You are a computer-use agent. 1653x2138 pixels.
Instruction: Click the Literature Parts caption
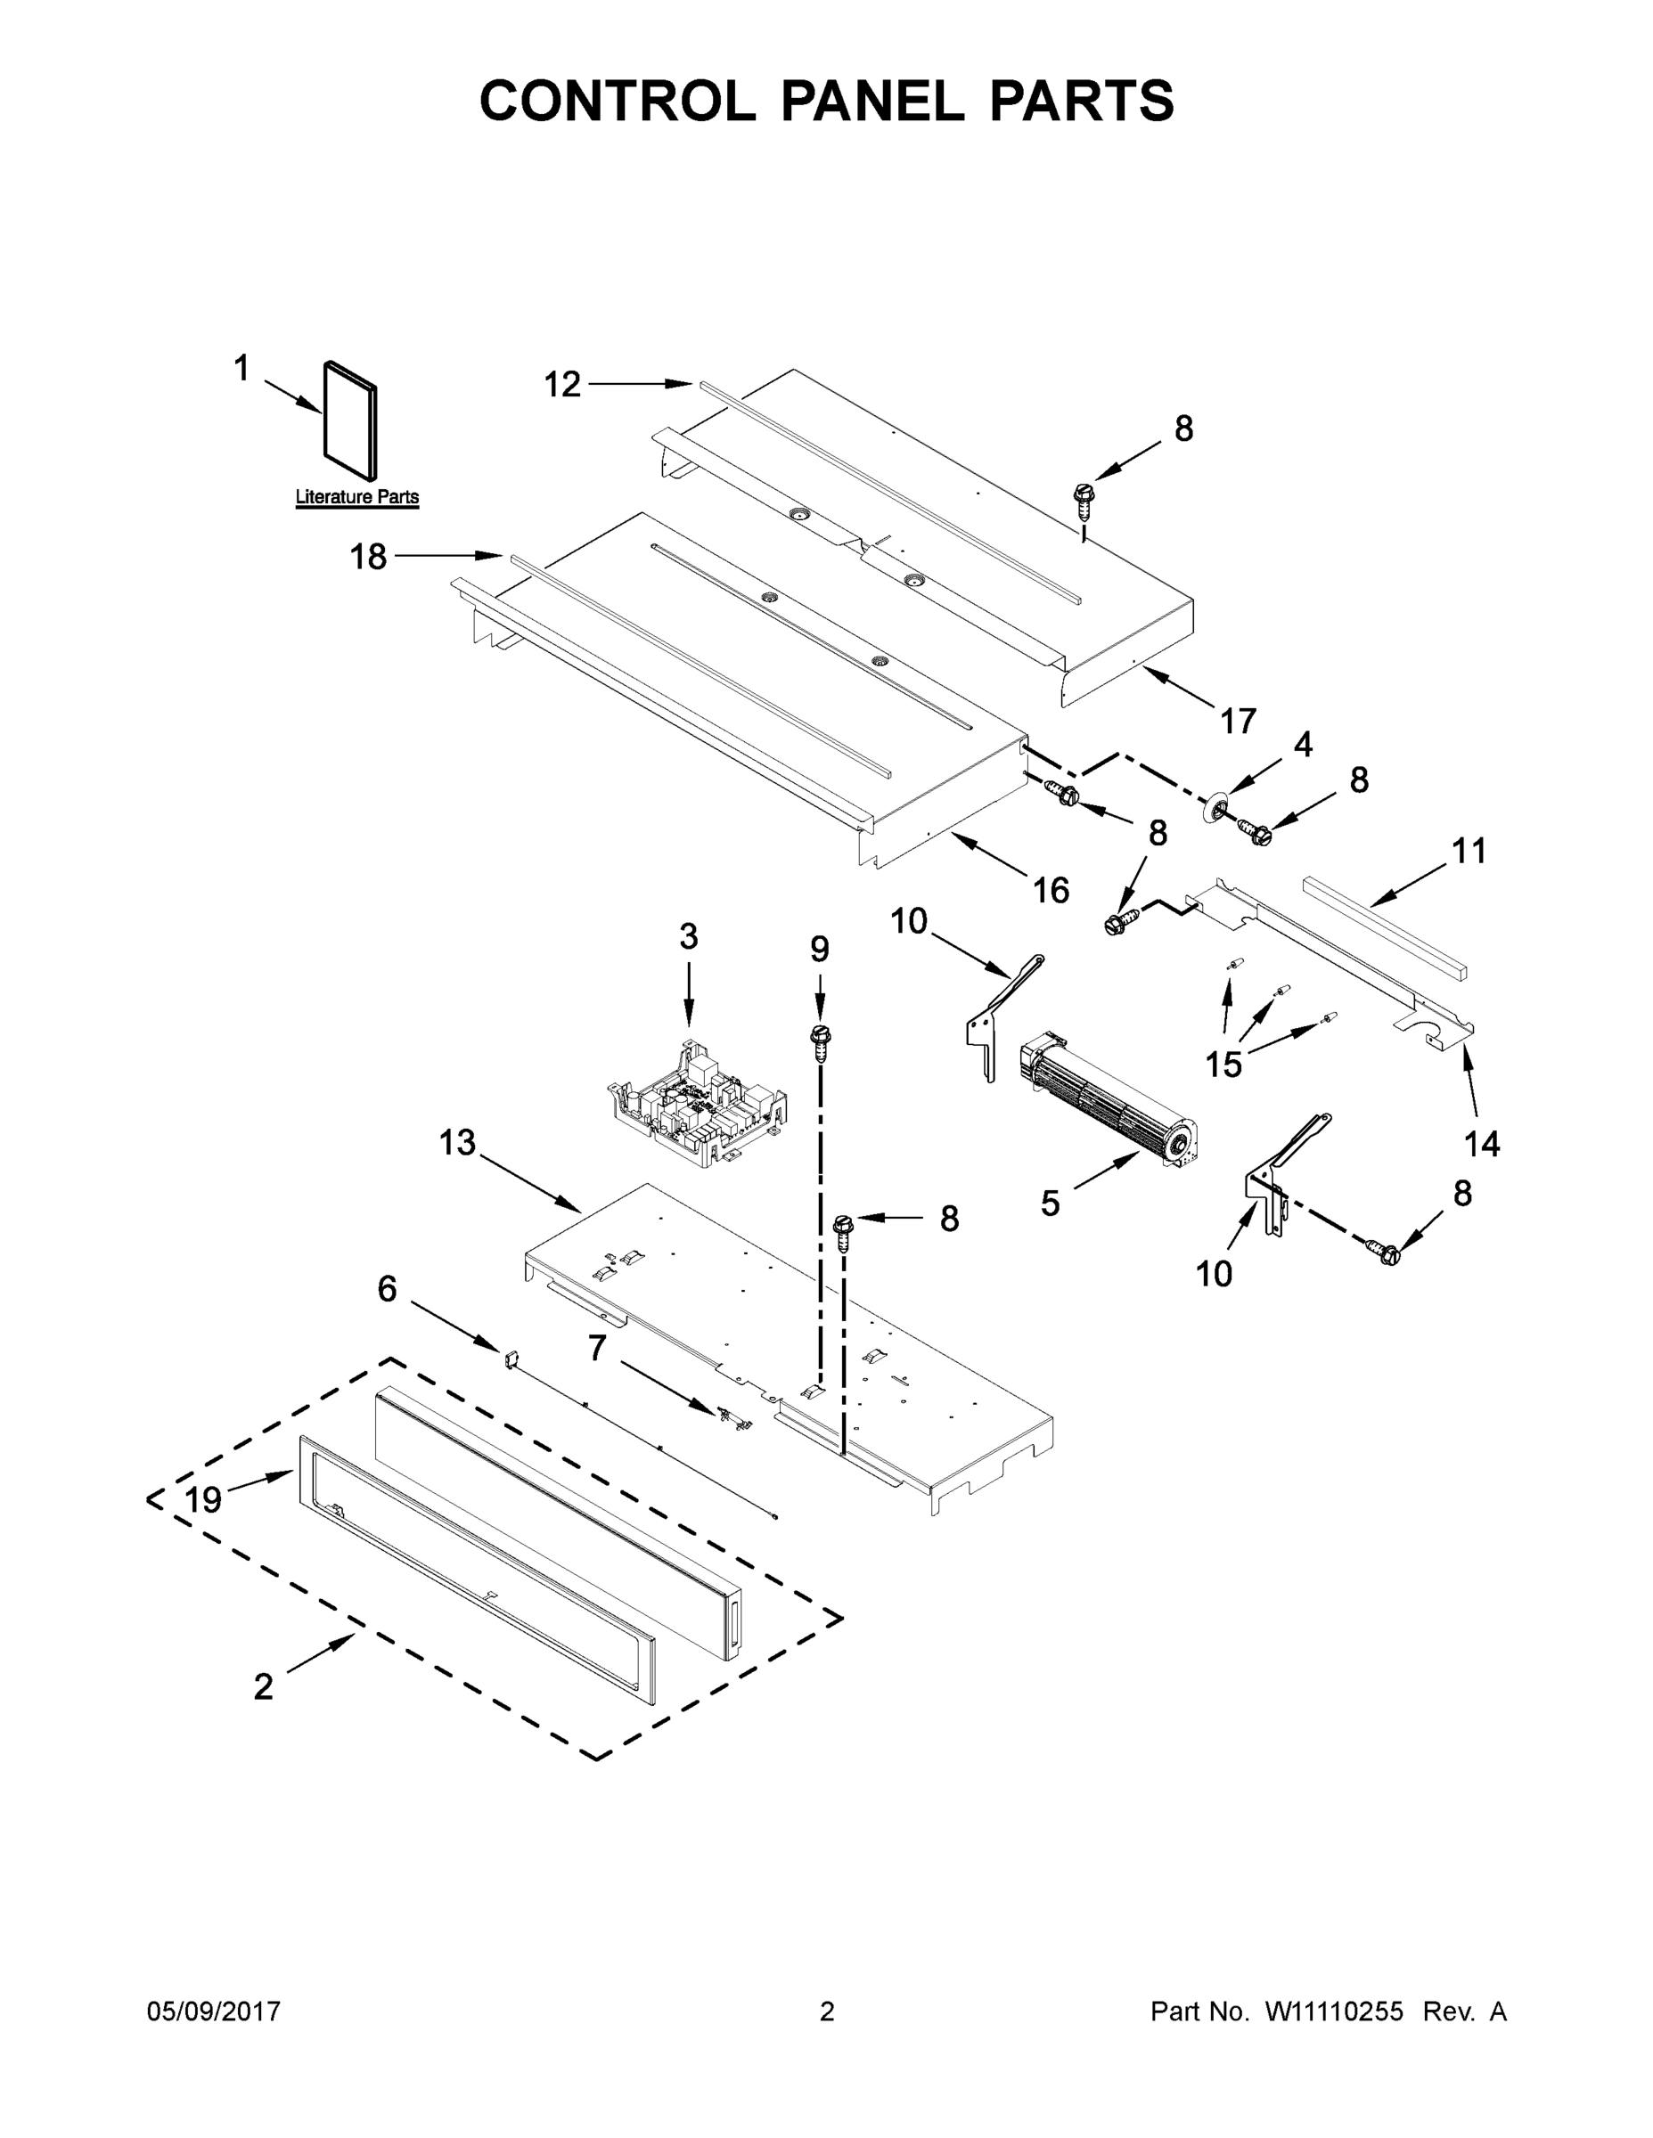356,496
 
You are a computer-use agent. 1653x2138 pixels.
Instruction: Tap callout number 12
562,385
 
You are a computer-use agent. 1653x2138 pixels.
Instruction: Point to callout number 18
368,557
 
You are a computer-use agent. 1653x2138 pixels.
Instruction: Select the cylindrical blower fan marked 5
1111,1102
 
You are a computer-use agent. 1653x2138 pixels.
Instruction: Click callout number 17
1238,722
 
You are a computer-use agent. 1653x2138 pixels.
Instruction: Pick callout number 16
1051,890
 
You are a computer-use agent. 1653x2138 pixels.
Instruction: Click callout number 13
457,1141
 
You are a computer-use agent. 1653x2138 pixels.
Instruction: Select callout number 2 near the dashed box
264,1685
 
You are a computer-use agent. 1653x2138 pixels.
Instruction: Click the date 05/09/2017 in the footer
214,2012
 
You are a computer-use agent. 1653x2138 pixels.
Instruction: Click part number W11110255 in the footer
1334,2012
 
